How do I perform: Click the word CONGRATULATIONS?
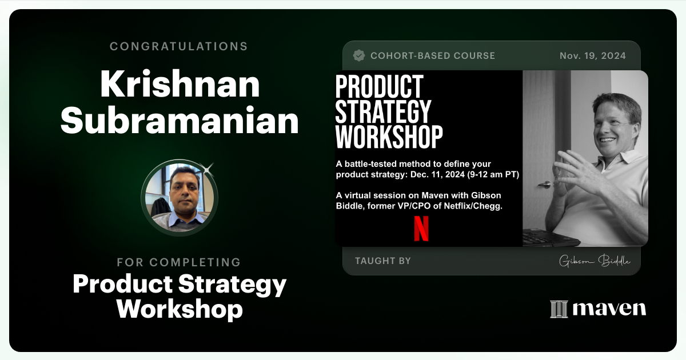179,46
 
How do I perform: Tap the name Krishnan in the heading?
180,85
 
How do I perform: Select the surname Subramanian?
180,121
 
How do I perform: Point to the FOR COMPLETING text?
179,262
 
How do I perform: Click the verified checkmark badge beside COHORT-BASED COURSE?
359,55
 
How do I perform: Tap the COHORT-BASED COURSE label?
432,56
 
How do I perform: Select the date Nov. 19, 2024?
592,56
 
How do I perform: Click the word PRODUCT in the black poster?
379,86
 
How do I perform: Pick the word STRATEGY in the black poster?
383,112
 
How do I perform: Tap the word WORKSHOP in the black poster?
389,137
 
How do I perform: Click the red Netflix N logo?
421,228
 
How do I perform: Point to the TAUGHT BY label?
382,261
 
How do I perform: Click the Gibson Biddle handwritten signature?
595,261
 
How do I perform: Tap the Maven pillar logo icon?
558,309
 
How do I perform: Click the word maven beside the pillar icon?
609,309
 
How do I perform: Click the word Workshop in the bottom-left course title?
180,309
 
